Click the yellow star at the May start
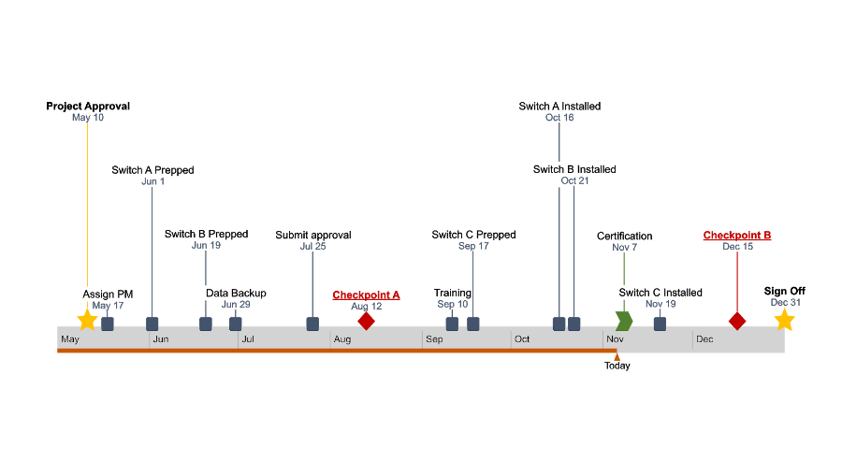pos(87,320)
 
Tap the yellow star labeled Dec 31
pos(784,320)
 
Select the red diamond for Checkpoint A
pos(366,321)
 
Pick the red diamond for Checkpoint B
pos(737,321)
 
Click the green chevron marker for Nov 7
pos(624,321)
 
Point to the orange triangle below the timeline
pos(617,356)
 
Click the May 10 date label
pos(88,118)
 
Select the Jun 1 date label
pos(152,181)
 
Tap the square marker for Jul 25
pos(312,323)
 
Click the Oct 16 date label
pos(559,118)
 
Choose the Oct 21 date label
pos(575,180)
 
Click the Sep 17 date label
pos(473,246)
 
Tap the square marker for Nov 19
pos(660,323)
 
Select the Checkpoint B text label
pos(737,236)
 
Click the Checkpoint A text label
pos(366,294)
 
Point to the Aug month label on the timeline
pos(342,339)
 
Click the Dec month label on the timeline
pos(704,339)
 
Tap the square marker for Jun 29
pos(236,323)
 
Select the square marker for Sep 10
pos(452,323)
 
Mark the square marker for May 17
pos(108,323)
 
